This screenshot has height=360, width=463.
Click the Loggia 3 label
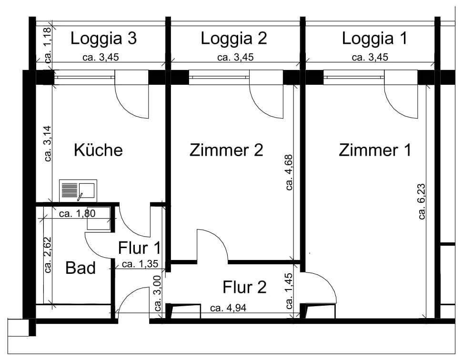tap(104, 39)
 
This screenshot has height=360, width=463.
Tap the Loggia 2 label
tap(234, 39)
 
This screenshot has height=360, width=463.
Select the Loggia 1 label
tap(374, 39)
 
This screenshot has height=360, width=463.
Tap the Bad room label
tap(80, 268)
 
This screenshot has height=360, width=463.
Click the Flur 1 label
tap(139, 248)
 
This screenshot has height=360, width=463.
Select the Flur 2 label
tap(244, 287)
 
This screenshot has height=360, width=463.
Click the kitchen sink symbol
tap(78, 190)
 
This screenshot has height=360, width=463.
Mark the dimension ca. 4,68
tap(289, 172)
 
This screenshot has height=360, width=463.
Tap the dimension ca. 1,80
tap(77, 213)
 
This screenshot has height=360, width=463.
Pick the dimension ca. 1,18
tap(47, 46)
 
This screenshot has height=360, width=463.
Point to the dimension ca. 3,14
tap(47, 144)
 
